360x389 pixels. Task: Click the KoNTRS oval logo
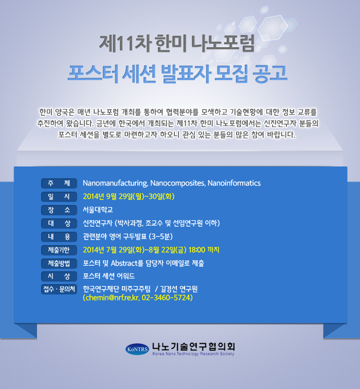click(x=137, y=349)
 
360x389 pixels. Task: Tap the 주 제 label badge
click(x=59, y=183)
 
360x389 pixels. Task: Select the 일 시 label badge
click(x=59, y=197)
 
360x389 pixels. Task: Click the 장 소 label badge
click(x=59, y=210)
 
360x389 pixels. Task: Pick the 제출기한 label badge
click(x=59, y=250)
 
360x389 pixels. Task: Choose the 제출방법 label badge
click(x=59, y=263)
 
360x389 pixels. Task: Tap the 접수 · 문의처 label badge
click(x=59, y=289)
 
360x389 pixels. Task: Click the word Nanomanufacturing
click(x=115, y=183)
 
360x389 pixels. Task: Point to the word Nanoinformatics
click(x=234, y=183)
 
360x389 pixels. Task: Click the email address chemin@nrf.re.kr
click(x=112, y=298)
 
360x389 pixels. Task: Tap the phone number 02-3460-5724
click(x=166, y=298)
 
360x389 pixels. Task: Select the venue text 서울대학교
click(x=98, y=210)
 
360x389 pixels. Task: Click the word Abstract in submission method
click(x=123, y=263)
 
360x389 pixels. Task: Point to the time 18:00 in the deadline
click(x=197, y=250)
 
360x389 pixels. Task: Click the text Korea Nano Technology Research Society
click(x=193, y=354)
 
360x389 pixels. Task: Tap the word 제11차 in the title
click(x=125, y=44)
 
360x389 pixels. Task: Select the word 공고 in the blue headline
click(x=270, y=73)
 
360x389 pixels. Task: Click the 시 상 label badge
click(x=59, y=276)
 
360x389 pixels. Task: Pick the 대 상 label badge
click(x=59, y=224)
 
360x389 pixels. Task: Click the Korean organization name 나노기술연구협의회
click(x=193, y=346)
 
